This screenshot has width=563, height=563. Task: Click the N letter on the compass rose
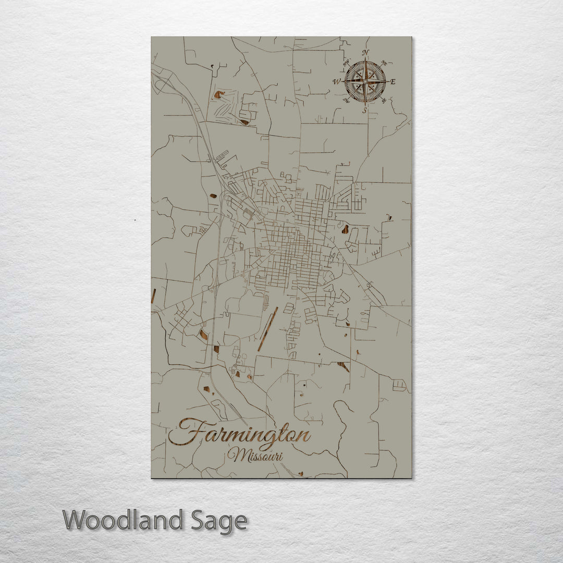(x=365, y=53)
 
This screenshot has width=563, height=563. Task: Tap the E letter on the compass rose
(x=393, y=82)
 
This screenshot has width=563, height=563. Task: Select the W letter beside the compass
(x=337, y=81)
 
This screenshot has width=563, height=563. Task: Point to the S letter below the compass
(x=365, y=110)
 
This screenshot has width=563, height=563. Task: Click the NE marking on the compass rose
(x=385, y=62)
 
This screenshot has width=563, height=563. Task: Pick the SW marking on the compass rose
(x=346, y=101)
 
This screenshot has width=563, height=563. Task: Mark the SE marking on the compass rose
(x=385, y=101)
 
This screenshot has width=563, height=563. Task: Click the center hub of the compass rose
(x=365, y=81)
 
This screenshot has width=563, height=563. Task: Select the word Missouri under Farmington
(x=255, y=455)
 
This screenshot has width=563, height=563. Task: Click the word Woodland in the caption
(x=123, y=521)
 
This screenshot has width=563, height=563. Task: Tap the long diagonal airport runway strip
(x=268, y=329)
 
